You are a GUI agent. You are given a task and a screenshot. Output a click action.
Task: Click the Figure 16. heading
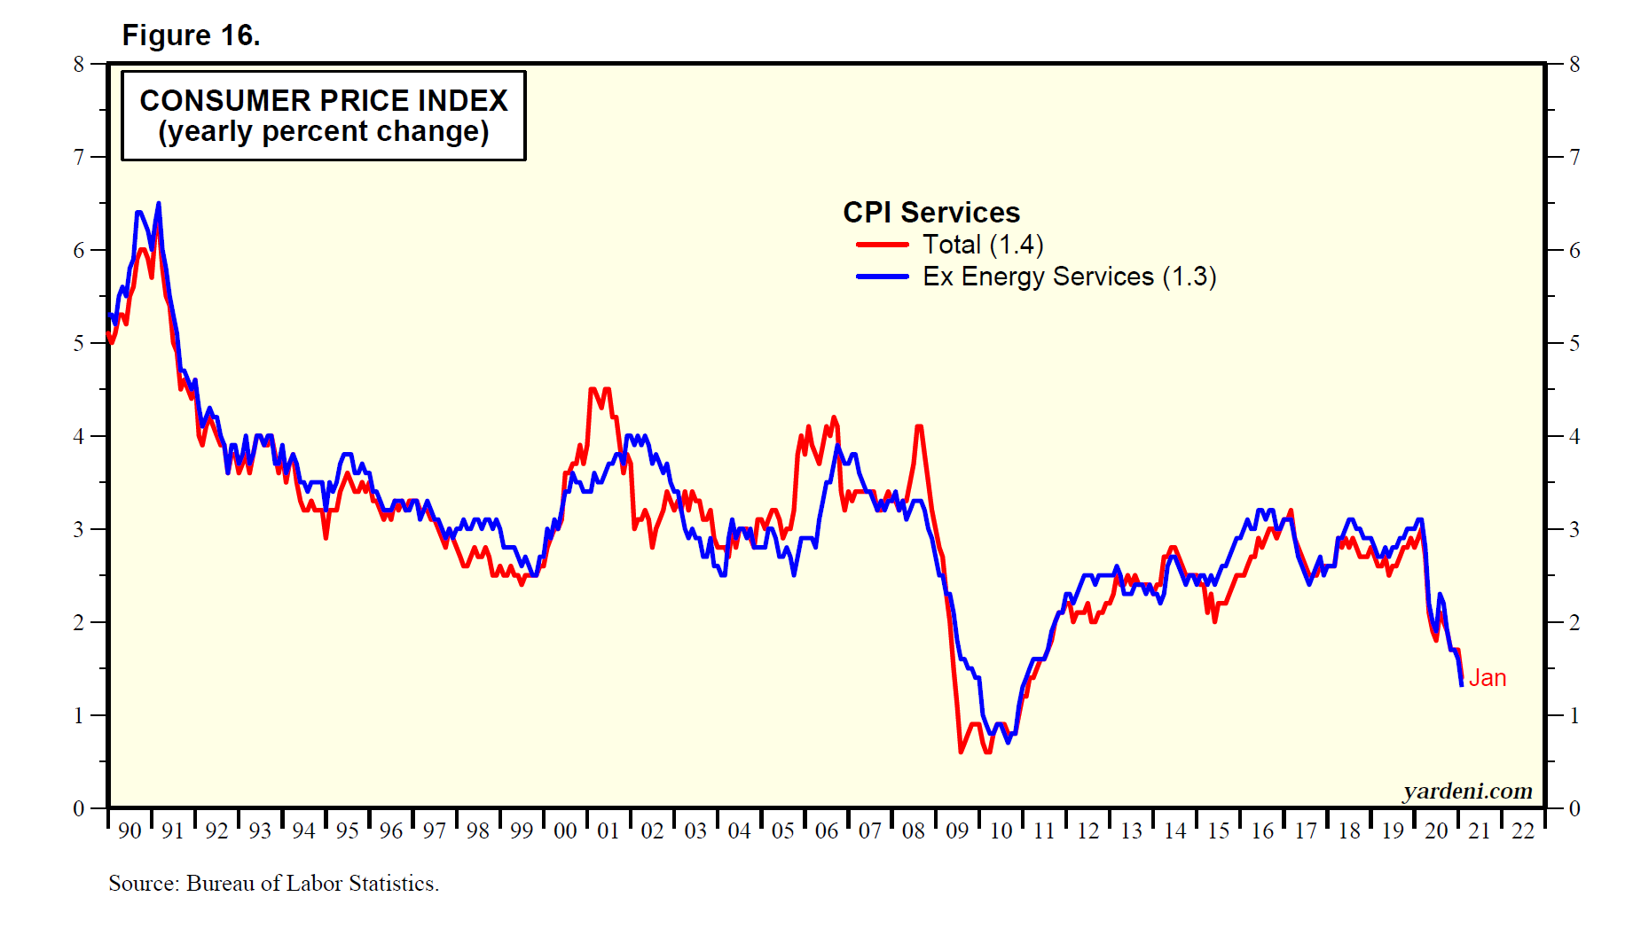coord(191,35)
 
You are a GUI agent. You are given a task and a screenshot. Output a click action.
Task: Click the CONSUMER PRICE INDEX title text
coord(324,100)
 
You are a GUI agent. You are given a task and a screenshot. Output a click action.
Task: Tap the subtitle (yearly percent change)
coord(324,131)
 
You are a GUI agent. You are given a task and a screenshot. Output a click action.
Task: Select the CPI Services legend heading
coord(931,213)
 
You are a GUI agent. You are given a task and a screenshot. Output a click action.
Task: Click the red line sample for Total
coord(882,245)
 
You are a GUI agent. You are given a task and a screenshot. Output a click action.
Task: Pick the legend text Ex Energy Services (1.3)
coord(1069,277)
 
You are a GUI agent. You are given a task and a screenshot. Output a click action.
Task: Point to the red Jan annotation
coord(1488,678)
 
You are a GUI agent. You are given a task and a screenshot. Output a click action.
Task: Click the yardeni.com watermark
coord(1467,791)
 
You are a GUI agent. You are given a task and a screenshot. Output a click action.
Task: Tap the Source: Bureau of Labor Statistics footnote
coord(273,884)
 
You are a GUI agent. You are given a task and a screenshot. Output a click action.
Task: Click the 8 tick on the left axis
coord(79,64)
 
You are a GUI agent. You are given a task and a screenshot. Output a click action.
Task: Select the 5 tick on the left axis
coord(79,343)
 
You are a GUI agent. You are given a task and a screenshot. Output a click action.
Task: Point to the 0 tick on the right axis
coord(1574,808)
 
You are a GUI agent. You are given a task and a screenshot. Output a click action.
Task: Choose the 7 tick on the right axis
coord(1574,157)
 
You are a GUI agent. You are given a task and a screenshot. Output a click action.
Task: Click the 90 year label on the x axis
coord(130,831)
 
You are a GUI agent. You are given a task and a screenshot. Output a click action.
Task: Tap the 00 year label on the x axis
coord(565,831)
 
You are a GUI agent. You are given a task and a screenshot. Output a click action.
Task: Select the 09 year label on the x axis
coord(957,831)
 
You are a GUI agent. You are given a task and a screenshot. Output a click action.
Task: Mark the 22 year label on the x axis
coord(1523,831)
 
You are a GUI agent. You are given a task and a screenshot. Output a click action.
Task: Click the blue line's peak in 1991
coord(159,204)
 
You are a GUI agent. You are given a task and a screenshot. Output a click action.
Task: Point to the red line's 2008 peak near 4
coord(919,427)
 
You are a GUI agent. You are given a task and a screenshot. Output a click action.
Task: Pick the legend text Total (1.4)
coord(983,245)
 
